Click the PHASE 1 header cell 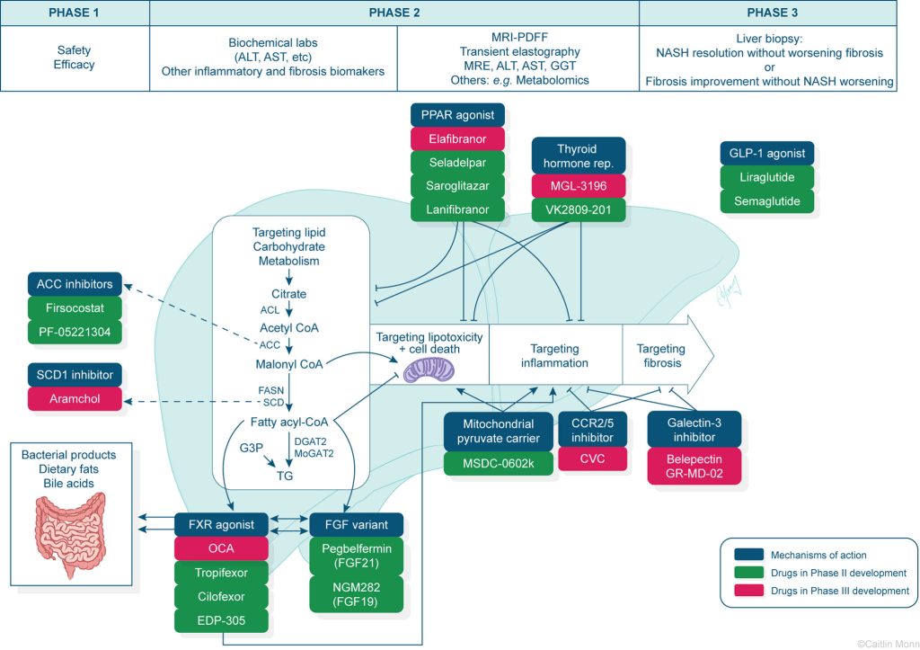click(75, 13)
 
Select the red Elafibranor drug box click(458, 139)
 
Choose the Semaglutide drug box click(766, 200)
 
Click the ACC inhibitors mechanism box click(75, 285)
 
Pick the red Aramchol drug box click(75, 398)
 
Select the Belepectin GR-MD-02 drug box click(695, 466)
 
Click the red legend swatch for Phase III click(742, 590)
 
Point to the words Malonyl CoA click(288, 364)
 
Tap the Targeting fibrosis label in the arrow click(660, 356)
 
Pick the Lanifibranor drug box click(458, 209)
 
